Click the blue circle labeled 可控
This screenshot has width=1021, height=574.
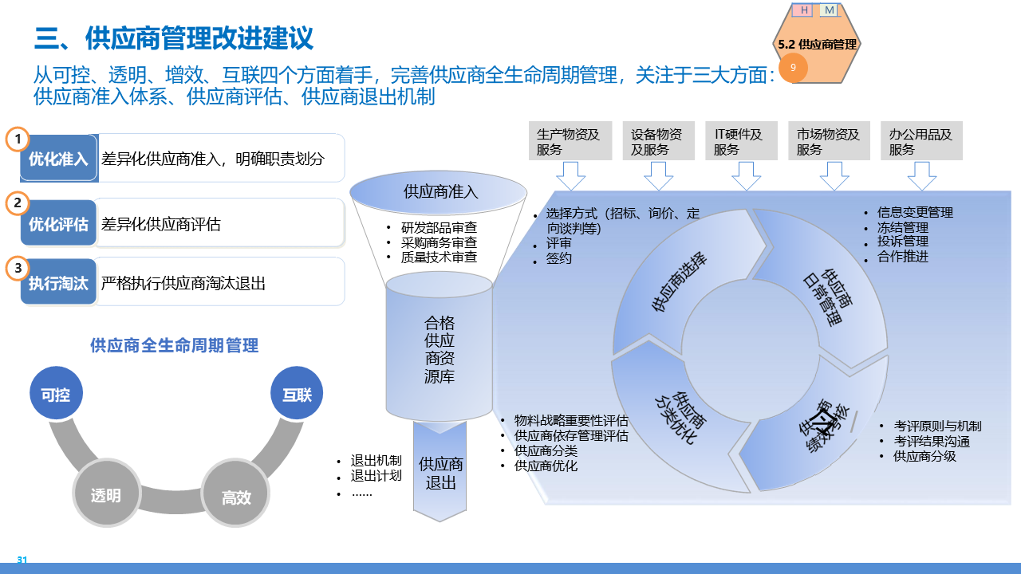[x=56, y=394]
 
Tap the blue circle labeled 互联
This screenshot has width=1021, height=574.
[x=297, y=394]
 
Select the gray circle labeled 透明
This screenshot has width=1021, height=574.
[x=105, y=495]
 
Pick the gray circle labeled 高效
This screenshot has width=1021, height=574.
[x=236, y=497]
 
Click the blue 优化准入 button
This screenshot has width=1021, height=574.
[x=58, y=159]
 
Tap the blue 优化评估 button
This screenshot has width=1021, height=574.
[x=58, y=224]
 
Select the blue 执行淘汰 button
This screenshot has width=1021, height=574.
[x=58, y=282]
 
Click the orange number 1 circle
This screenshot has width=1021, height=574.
[x=18, y=140]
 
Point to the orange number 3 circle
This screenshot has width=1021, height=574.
[x=18, y=269]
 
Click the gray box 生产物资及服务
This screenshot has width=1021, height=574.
[x=570, y=141]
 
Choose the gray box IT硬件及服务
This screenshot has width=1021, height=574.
[x=741, y=141]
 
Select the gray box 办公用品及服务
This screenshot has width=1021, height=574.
[x=921, y=141]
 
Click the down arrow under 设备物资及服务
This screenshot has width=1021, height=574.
[x=658, y=175]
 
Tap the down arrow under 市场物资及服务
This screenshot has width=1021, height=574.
[x=834, y=175]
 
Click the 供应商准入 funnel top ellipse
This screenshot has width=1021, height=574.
[x=439, y=191]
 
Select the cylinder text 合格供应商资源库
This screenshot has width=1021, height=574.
[x=440, y=349]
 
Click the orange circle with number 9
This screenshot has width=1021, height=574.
[x=793, y=68]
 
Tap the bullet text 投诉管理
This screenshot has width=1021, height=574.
[x=903, y=242]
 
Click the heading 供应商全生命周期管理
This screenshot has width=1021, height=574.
[x=174, y=345]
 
